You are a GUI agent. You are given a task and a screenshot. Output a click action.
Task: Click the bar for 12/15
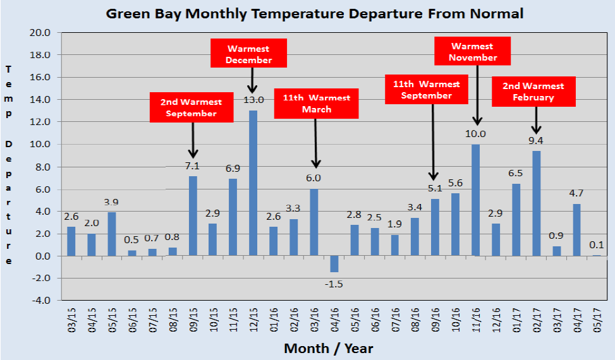[x=253, y=183]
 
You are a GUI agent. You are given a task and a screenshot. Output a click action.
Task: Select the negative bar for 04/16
[x=334, y=264]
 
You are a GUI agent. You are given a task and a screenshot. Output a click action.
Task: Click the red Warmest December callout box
[x=248, y=54]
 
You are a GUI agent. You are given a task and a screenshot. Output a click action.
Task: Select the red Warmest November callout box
[x=473, y=51]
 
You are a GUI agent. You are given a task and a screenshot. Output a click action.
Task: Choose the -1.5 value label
[x=334, y=284]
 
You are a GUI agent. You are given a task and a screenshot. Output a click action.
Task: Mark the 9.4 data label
[x=537, y=141]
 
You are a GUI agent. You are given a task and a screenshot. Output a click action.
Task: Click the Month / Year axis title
[x=328, y=348]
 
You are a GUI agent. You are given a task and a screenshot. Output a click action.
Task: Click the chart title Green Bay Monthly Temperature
[x=314, y=13]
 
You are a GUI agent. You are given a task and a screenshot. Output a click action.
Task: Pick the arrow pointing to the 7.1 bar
[x=193, y=140]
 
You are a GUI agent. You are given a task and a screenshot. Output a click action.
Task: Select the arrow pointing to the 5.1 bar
[x=433, y=143]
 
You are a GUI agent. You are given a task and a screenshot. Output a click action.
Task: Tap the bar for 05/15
[x=112, y=234]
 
